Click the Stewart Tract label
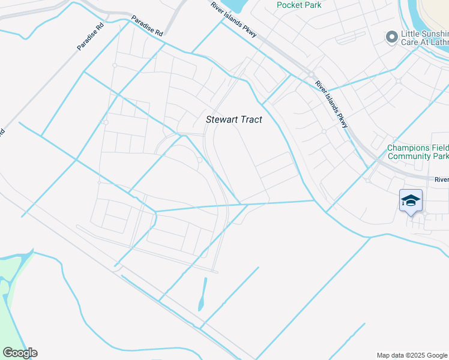[234, 119]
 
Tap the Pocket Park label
[298, 5]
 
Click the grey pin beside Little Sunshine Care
[391, 38]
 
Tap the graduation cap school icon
[411, 200]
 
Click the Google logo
[20, 353]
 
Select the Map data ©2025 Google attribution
[411, 355]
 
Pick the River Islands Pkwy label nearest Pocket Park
[234, 19]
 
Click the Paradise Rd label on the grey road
[90, 37]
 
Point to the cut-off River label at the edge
[441, 179]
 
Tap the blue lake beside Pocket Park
[231, 5]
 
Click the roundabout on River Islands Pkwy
[312, 75]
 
